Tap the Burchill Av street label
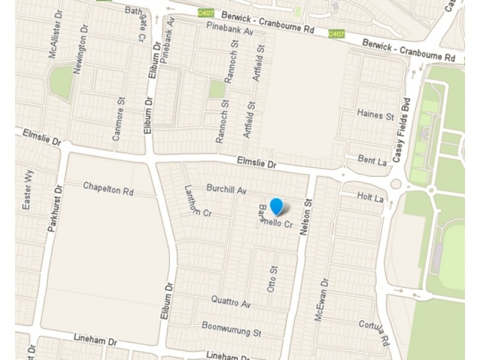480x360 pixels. (x=227, y=189)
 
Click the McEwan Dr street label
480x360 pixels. (x=322, y=299)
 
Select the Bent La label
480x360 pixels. (x=371, y=160)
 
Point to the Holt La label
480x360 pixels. (x=370, y=197)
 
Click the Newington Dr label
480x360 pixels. (x=80, y=53)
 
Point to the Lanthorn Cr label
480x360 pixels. (x=199, y=200)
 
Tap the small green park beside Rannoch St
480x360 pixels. (x=217, y=89)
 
